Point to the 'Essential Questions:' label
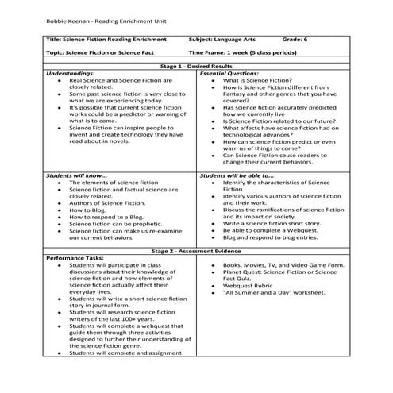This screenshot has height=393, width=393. tap(231, 73)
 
